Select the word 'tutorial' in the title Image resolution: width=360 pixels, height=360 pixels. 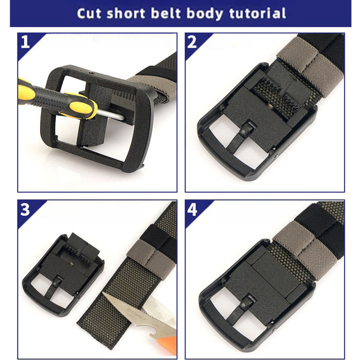[254, 13]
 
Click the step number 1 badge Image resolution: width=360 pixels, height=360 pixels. [25, 43]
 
